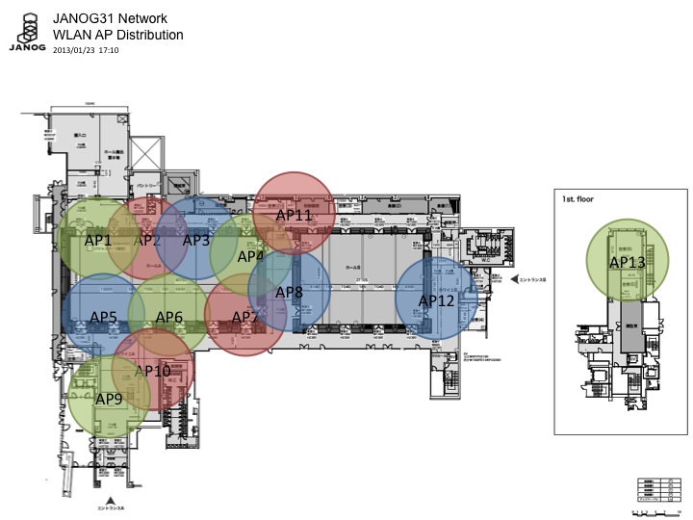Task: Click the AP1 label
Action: pyautogui.click(x=98, y=240)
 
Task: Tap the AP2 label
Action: pyautogui.click(x=149, y=240)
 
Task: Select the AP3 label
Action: pyautogui.click(x=195, y=240)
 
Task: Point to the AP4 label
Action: pyautogui.click(x=250, y=257)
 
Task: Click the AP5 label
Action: pyautogui.click(x=103, y=316)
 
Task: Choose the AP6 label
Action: pyautogui.click(x=169, y=317)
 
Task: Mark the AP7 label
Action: pyautogui.click(x=245, y=317)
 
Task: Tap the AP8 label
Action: pyautogui.click(x=289, y=292)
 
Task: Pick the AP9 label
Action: pyautogui.click(x=109, y=398)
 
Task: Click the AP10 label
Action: pyautogui.click(x=153, y=371)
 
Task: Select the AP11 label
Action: pyautogui.click(x=295, y=215)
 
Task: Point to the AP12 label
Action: pyautogui.click(x=436, y=300)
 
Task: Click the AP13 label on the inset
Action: pyautogui.click(x=628, y=261)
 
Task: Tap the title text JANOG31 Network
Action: pyautogui.click(x=110, y=18)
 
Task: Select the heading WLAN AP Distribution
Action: pyautogui.click(x=117, y=35)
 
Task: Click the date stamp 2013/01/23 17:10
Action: pyautogui.click(x=92, y=49)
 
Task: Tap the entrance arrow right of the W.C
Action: pyautogui.click(x=512, y=280)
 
